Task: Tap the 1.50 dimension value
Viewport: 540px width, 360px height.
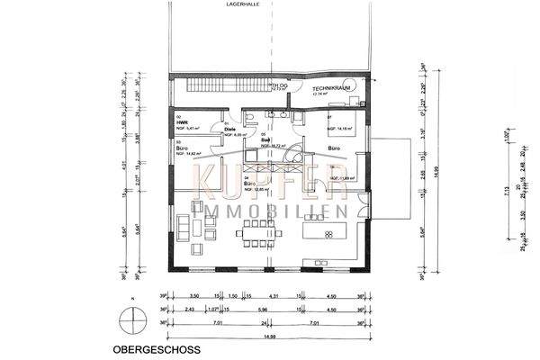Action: [x=231, y=295]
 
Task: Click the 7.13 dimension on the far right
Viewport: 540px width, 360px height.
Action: [x=432, y=191]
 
